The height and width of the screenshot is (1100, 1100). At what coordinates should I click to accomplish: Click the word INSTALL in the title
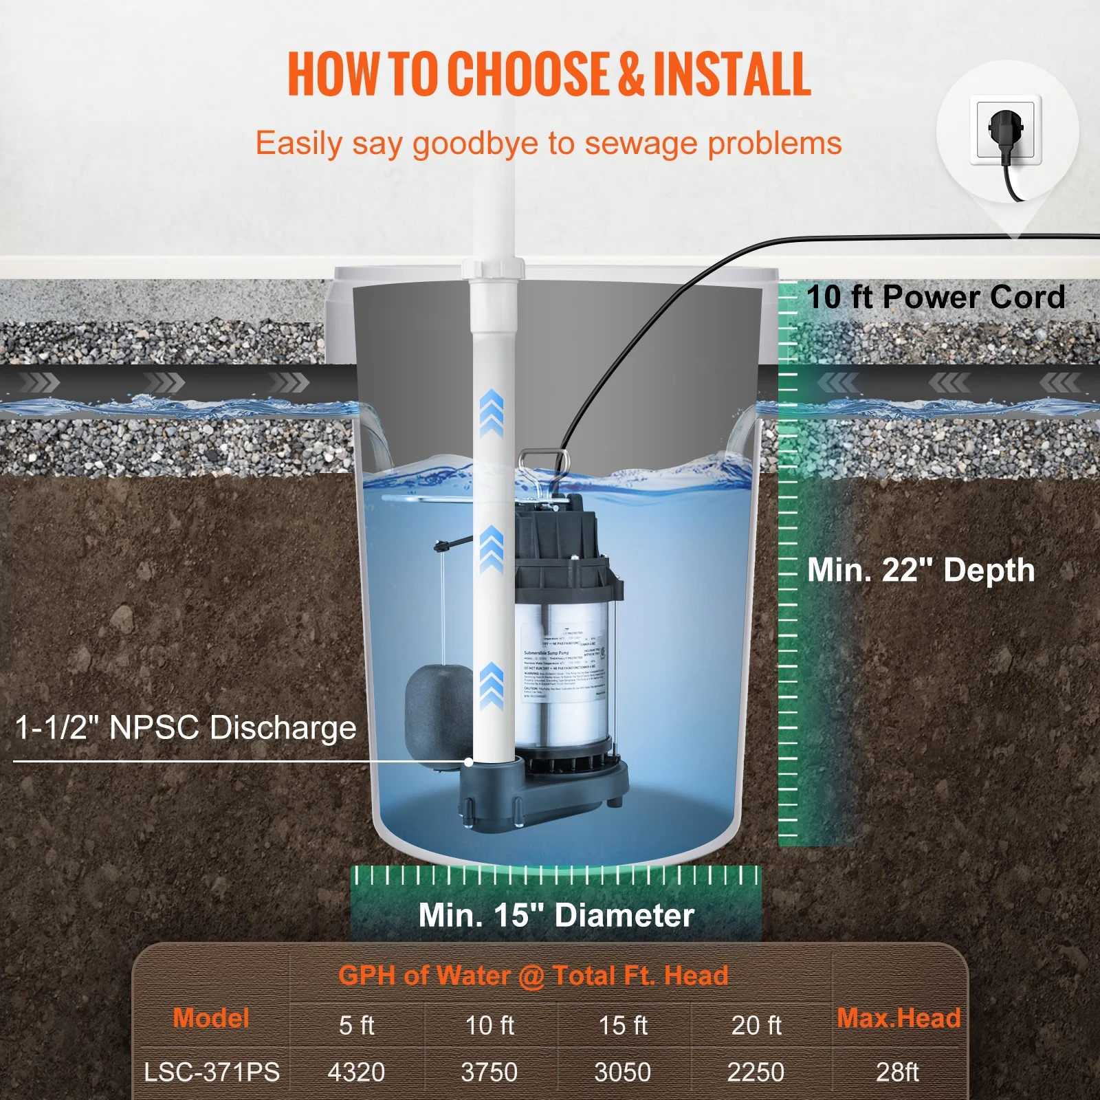click(731, 74)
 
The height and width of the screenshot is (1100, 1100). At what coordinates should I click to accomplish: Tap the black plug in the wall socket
click(1006, 130)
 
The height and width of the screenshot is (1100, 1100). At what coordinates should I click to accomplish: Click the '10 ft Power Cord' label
click(936, 297)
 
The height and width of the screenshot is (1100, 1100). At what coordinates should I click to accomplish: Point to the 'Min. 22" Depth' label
click(921, 570)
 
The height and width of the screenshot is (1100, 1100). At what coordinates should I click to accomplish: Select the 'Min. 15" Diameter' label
click(556, 915)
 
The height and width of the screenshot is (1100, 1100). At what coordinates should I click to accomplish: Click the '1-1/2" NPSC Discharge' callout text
click(186, 727)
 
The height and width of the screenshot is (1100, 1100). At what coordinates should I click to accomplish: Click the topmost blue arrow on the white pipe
click(491, 412)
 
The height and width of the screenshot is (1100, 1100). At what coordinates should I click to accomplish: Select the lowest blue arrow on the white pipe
click(491, 686)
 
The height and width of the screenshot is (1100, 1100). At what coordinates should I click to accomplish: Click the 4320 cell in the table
click(356, 1072)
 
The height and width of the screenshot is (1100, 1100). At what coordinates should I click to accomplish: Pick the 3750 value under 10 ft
click(489, 1072)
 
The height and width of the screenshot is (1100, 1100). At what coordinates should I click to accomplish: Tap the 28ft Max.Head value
click(897, 1072)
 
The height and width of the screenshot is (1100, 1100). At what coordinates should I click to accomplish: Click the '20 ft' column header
click(756, 1025)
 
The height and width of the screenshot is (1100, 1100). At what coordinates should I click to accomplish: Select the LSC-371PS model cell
click(212, 1072)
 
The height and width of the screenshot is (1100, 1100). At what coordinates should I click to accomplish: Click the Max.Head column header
click(898, 1018)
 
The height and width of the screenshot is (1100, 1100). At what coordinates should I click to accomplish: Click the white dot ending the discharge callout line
click(468, 762)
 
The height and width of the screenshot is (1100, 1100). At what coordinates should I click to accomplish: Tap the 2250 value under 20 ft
click(756, 1072)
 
